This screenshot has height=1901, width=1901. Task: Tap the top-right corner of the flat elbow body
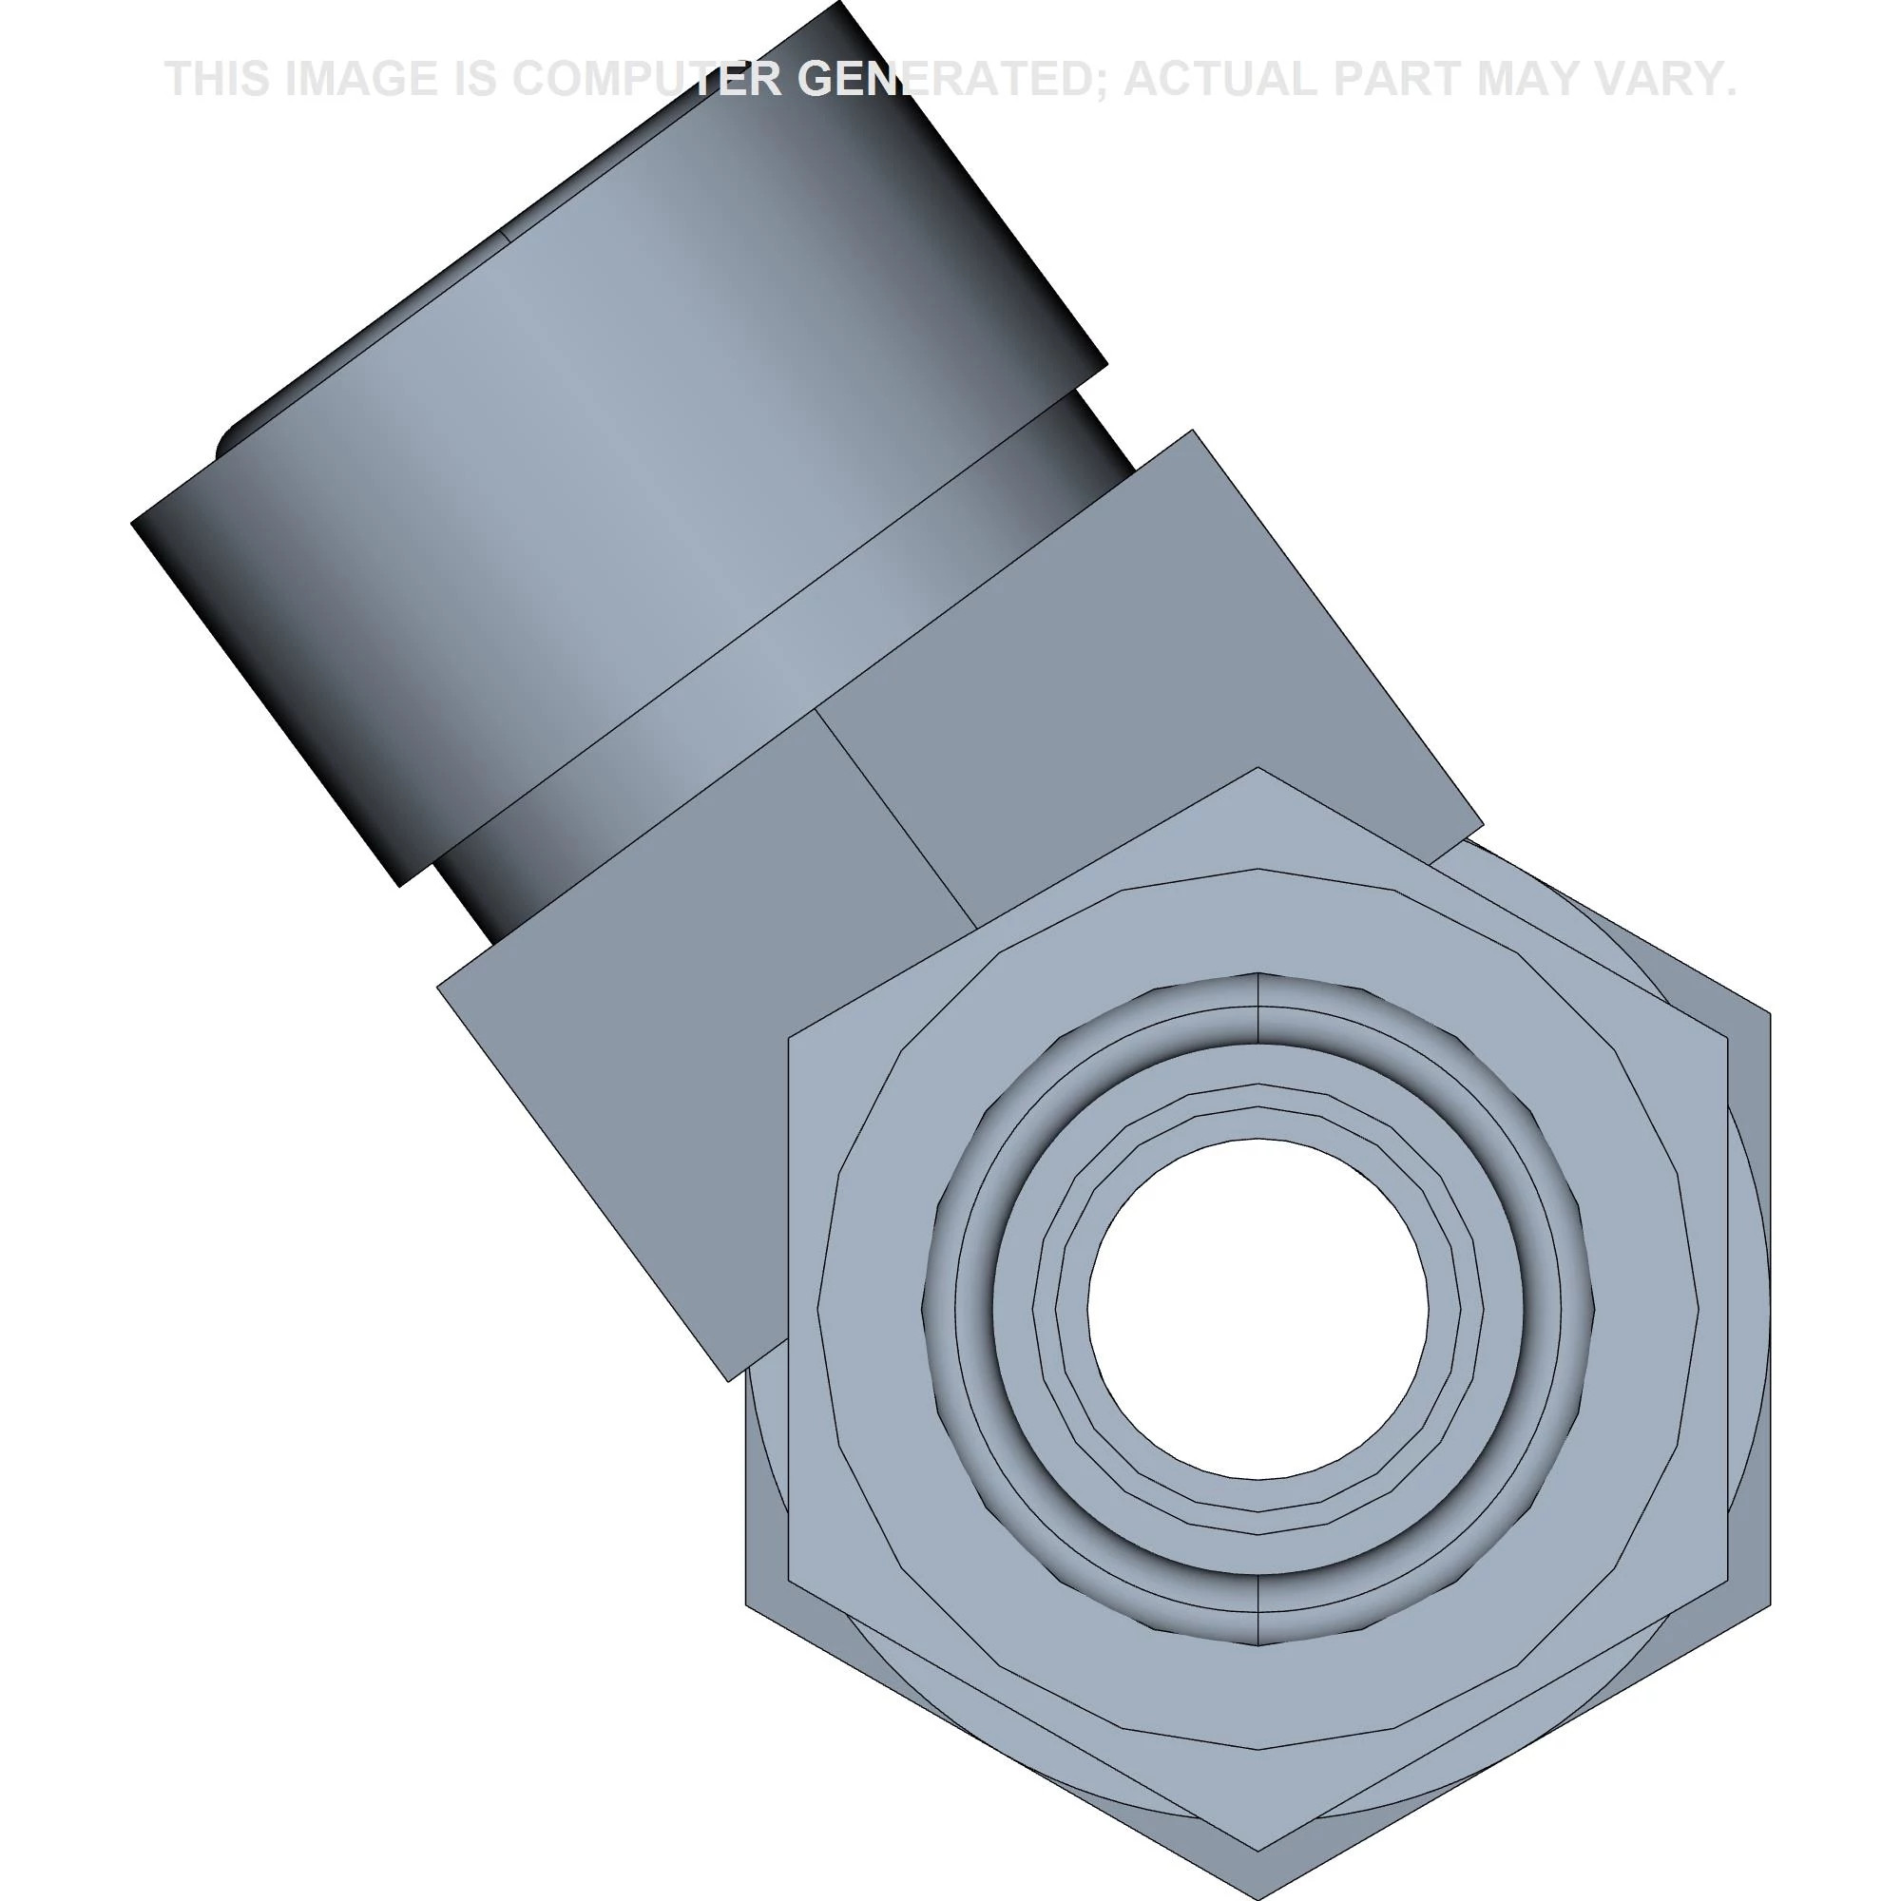1193,430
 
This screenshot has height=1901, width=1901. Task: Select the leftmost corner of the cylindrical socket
132,523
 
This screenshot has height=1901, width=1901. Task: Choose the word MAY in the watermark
1535,79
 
